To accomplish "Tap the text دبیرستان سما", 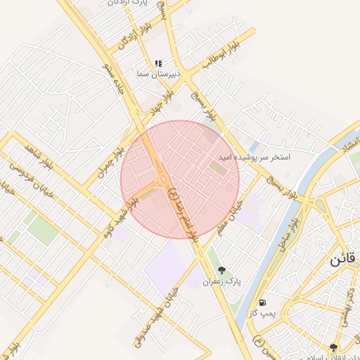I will [x=159, y=73].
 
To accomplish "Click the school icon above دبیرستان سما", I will [x=159, y=63].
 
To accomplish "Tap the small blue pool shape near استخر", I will [x=255, y=147].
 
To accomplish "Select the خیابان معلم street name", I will [x=229, y=217].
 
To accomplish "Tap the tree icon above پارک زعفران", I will [x=222, y=270].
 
